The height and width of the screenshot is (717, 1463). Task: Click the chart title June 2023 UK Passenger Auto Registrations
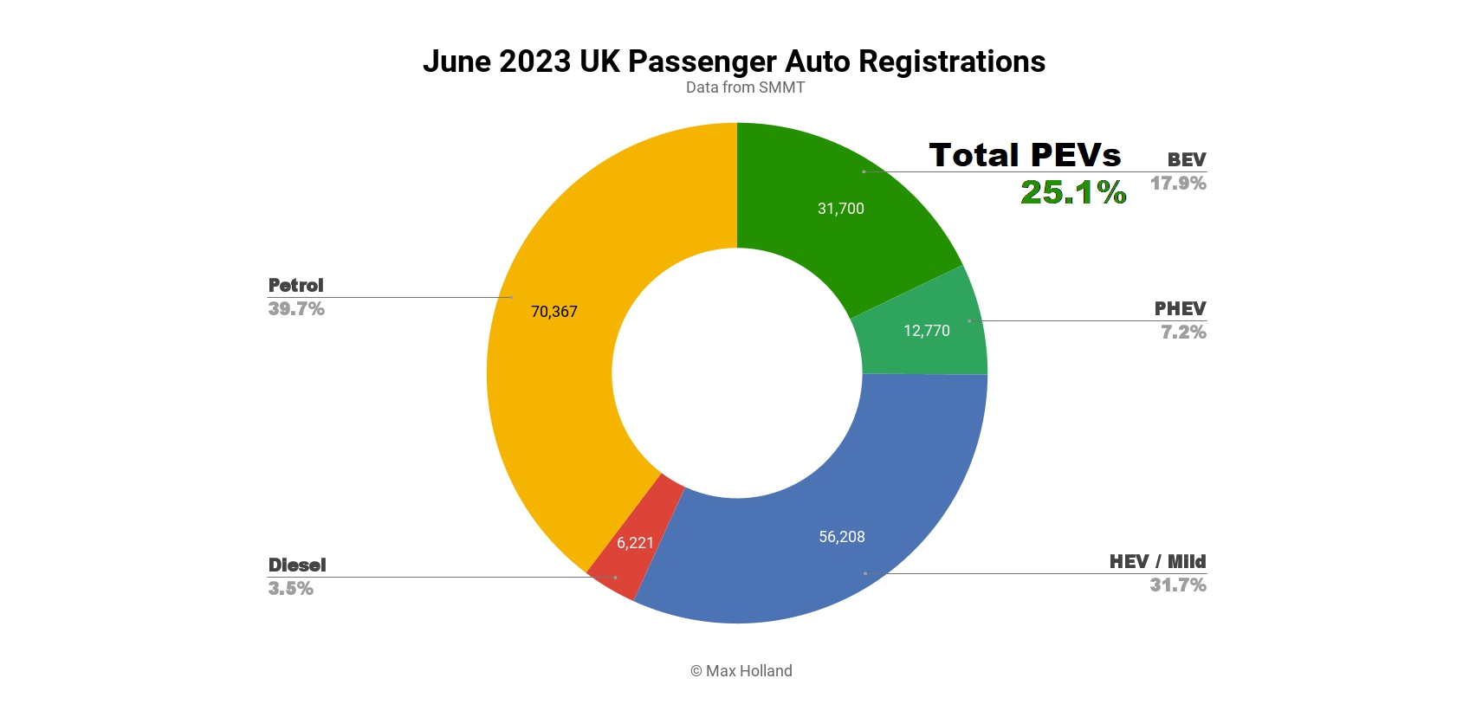tap(734, 61)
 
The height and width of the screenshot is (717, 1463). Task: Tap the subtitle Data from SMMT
tap(745, 87)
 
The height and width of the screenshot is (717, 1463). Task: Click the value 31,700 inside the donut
tap(840, 209)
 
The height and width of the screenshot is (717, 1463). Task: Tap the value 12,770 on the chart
tap(926, 331)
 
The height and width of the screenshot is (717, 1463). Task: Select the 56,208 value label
tap(841, 537)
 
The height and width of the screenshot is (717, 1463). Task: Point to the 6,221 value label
tap(635, 543)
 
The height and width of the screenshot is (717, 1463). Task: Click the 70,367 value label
tap(553, 312)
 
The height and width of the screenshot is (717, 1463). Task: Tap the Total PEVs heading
tap(1025, 155)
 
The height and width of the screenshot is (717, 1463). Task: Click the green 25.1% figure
tap(1072, 192)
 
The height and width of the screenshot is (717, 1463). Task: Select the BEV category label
tap(1186, 159)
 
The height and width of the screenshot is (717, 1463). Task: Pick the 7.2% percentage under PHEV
tap(1182, 333)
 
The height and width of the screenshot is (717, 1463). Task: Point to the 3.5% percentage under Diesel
tap(290, 589)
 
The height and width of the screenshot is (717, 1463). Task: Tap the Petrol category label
tap(295, 286)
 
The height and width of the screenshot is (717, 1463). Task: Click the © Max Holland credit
tap(741, 671)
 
